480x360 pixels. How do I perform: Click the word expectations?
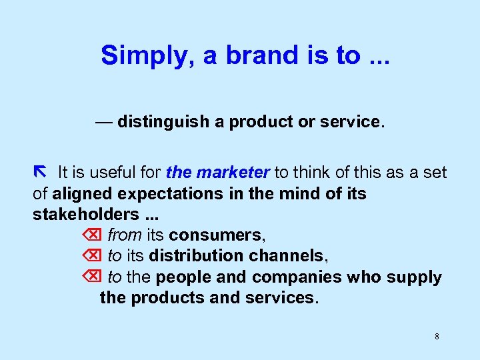(167, 194)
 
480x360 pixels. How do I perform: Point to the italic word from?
(125, 235)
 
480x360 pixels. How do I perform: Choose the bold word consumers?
(216, 235)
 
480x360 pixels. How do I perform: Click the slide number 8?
(437, 337)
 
